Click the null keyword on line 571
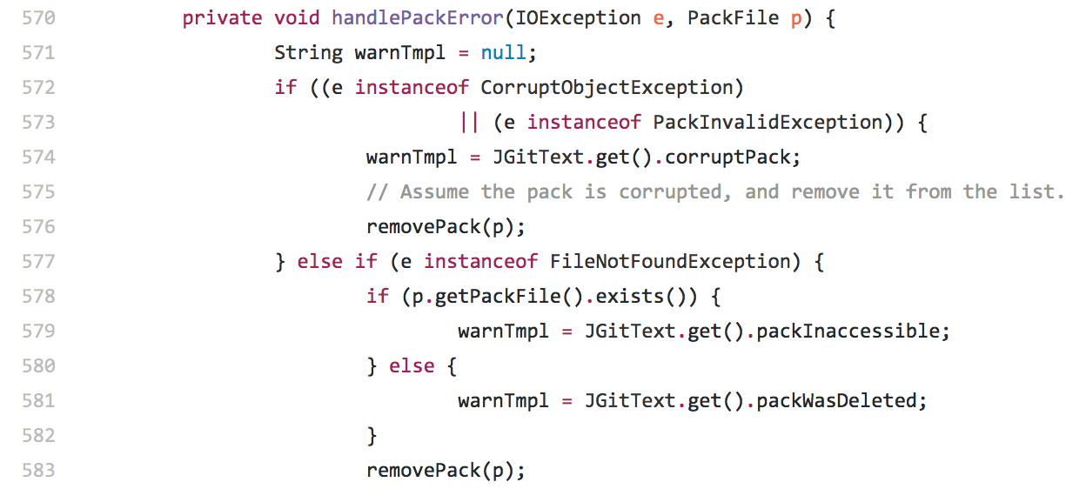point(503,53)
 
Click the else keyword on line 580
point(412,366)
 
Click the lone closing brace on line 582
point(372,436)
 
